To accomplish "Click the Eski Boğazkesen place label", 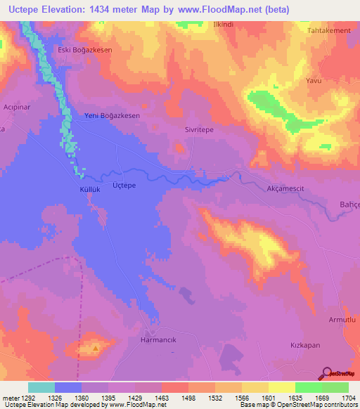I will click(x=84, y=50).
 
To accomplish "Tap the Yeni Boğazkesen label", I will click(x=112, y=115).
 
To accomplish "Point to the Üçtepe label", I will click(x=124, y=185).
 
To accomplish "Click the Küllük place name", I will click(x=82, y=190).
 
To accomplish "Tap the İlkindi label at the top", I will click(x=224, y=24).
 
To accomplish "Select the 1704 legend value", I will click(x=346, y=398).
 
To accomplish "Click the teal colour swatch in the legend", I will click(x=41, y=387).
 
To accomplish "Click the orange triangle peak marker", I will click(x=96, y=347).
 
